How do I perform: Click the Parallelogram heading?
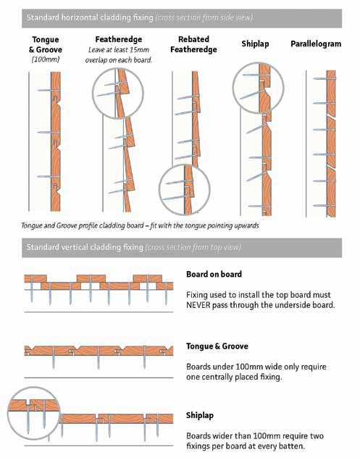(316, 43)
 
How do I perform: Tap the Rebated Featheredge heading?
(193, 44)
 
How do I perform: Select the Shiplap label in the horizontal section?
(255, 43)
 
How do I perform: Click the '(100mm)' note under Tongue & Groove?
(45, 59)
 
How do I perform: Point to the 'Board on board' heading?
(214, 274)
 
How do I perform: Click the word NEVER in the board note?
(198, 305)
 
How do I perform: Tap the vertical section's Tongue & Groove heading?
(217, 346)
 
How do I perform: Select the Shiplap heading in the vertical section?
(200, 415)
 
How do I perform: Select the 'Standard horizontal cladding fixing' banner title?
(90, 17)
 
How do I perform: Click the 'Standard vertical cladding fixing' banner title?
(85, 247)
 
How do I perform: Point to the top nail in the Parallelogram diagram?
(324, 78)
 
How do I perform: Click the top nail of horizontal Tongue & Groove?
(49, 91)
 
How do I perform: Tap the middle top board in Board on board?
(91, 278)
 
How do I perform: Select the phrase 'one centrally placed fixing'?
(234, 377)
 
